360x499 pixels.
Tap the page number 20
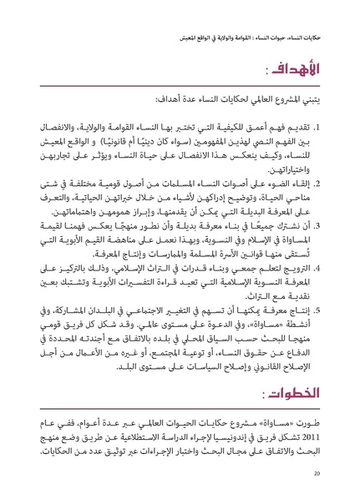pos(317,473)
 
